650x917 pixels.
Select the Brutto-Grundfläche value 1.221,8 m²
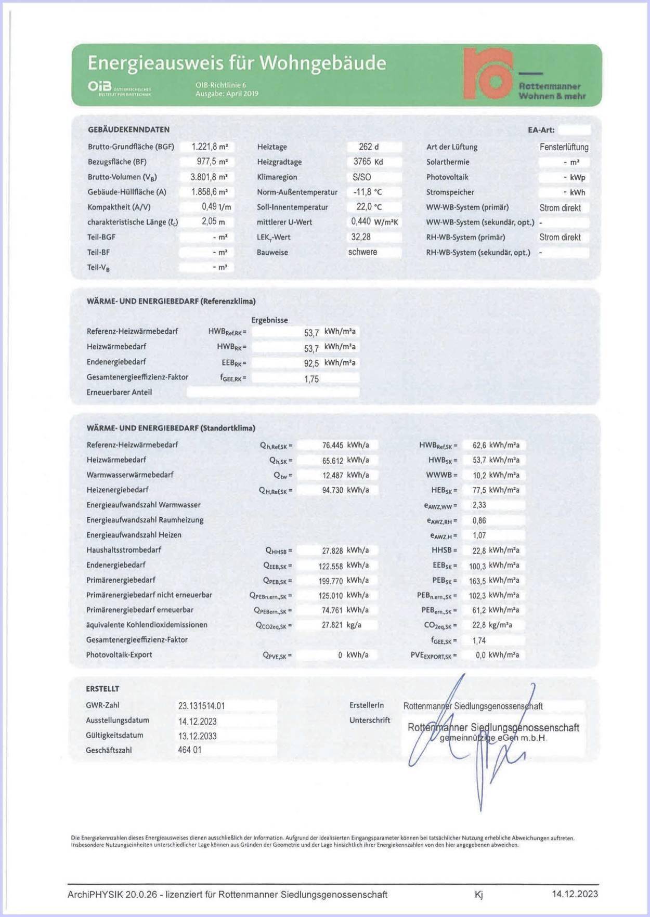click(x=209, y=147)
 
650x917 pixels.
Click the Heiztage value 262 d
click(x=369, y=147)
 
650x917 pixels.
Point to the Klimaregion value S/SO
click(x=362, y=177)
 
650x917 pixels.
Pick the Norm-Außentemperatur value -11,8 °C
click(x=368, y=192)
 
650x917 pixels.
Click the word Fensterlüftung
click(x=564, y=147)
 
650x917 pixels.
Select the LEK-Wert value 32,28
click(x=361, y=237)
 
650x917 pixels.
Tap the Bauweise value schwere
click(x=362, y=252)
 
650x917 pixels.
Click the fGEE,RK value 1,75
click(x=311, y=379)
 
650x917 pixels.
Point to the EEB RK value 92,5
click(x=311, y=363)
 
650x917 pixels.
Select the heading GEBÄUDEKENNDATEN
click(x=128, y=129)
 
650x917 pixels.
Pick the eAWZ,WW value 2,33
click(x=479, y=505)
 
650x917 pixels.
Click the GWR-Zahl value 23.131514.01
click(x=201, y=706)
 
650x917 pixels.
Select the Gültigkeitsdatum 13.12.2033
click(x=197, y=736)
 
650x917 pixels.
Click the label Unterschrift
click(x=369, y=720)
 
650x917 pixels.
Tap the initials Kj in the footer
click(x=478, y=895)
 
